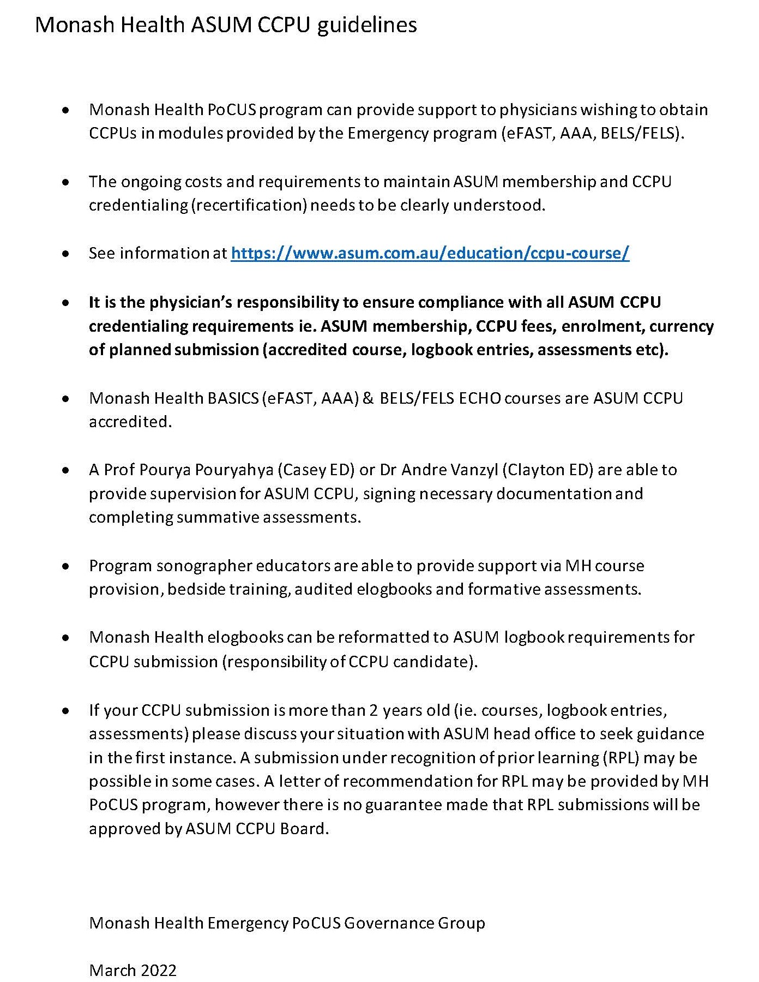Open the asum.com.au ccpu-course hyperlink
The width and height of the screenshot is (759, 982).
coord(430,253)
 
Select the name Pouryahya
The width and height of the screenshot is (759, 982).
coord(234,470)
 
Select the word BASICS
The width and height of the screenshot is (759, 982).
coord(233,398)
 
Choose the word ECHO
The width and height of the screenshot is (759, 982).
coord(479,398)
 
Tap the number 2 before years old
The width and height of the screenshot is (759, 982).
coord(374,710)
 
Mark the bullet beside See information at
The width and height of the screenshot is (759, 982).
coord(65,254)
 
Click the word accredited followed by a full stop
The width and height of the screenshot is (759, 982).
coord(130,422)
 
